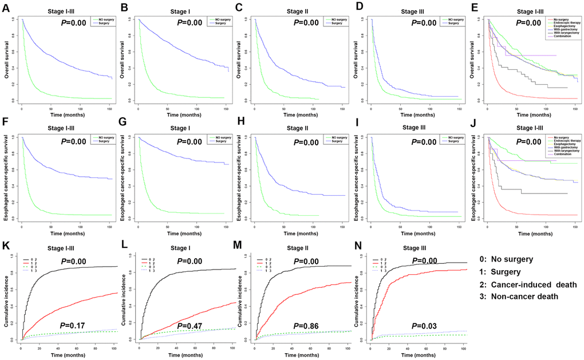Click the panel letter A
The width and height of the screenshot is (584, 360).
pyautogui.click(x=6, y=7)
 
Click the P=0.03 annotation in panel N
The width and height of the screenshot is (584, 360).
pyautogui.click(x=422, y=326)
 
